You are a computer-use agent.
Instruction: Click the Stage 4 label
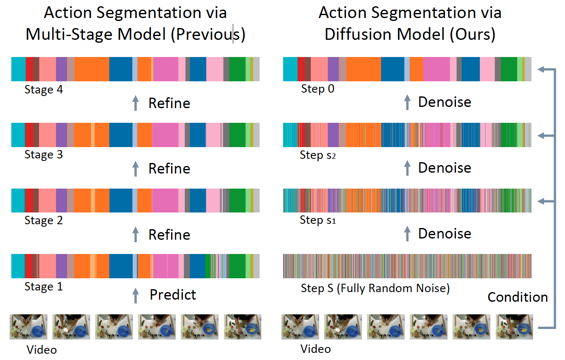pyautogui.click(x=44, y=90)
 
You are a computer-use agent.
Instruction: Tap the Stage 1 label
pyautogui.click(x=44, y=287)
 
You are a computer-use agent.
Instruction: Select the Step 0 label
pyautogui.click(x=318, y=89)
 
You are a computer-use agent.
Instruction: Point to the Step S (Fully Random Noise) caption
pyautogui.click(x=375, y=288)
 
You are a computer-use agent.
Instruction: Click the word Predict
pyautogui.click(x=173, y=295)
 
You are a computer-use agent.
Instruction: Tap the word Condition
pyautogui.click(x=518, y=297)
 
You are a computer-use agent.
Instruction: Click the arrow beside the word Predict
pyautogui.click(x=136, y=295)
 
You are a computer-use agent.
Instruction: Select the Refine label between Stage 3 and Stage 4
pyautogui.click(x=169, y=103)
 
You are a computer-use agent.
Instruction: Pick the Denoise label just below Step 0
pyautogui.click(x=445, y=102)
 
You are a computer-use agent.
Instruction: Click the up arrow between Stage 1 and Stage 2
pyautogui.click(x=136, y=234)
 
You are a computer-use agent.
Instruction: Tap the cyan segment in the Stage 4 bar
pyautogui.click(x=18, y=69)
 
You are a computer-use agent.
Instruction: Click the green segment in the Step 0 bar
pyautogui.click(x=509, y=69)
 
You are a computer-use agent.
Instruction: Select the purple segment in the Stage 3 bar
pyautogui.click(x=62, y=135)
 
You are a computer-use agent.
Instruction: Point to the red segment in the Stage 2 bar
pyautogui.click(x=29, y=200)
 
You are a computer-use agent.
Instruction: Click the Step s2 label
pyautogui.click(x=318, y=155)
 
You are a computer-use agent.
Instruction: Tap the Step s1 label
pyautogui.click(x=318, y=220)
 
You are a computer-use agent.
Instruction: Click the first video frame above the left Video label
pyautogui.click(x=29, y=327)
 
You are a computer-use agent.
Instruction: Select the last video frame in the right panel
pyautogui.click(x=514, y=327)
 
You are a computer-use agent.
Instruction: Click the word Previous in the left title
pyautogui.click(x=208, y=34)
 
